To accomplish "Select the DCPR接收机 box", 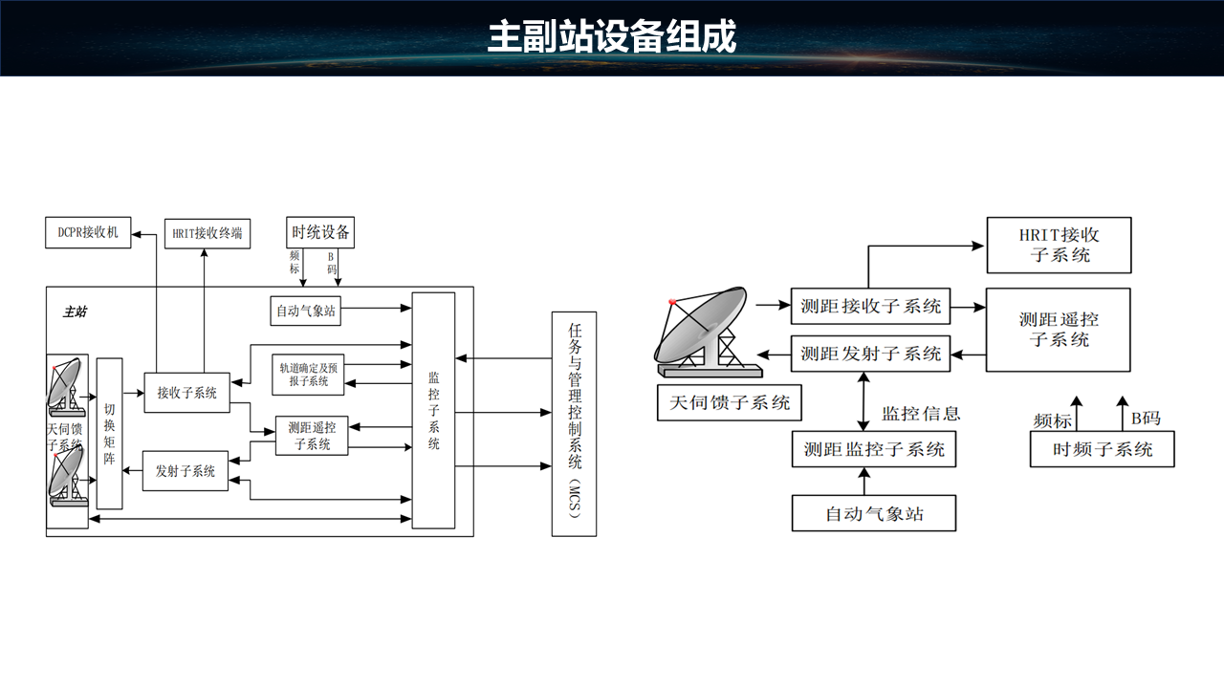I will coord(88,232).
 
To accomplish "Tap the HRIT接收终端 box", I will coord(208,233).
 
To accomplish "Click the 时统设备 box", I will coord(320,232).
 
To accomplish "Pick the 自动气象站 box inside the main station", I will coord(306,311).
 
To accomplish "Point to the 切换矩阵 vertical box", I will coord(109,433).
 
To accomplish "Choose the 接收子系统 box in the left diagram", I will coord(186,393).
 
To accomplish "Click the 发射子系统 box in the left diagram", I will coord(186,471).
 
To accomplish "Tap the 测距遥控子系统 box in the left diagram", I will coord(312,436).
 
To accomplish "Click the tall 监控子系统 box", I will coord(433,410).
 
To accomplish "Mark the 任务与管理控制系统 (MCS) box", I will coord(574,423).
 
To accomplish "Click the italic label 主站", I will coord(75,312).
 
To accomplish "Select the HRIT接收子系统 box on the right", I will coord(1059,246).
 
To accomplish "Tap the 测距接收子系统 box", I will coord(871,307).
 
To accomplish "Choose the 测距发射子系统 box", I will coord(871,354).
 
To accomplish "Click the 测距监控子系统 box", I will coord(874,449).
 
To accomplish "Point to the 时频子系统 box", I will coord(1102,450).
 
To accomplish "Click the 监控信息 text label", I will coord(921,413).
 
